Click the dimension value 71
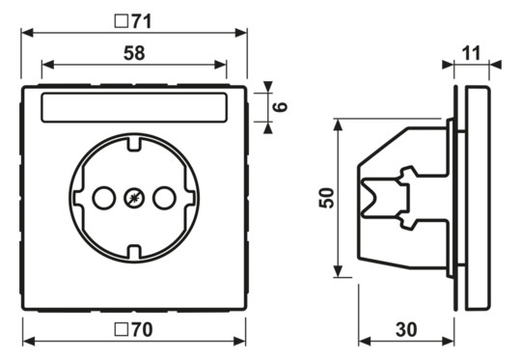coord(142,21)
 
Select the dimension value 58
coord(134,53)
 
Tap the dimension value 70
coord(142,329)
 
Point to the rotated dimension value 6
coord(280,107)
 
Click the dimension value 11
coord(471,53)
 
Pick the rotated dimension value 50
coord(327,198)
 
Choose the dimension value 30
coord(406,329)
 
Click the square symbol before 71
coord(122,21)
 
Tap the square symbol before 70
coord(122,329)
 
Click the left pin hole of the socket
coord(104,198)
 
